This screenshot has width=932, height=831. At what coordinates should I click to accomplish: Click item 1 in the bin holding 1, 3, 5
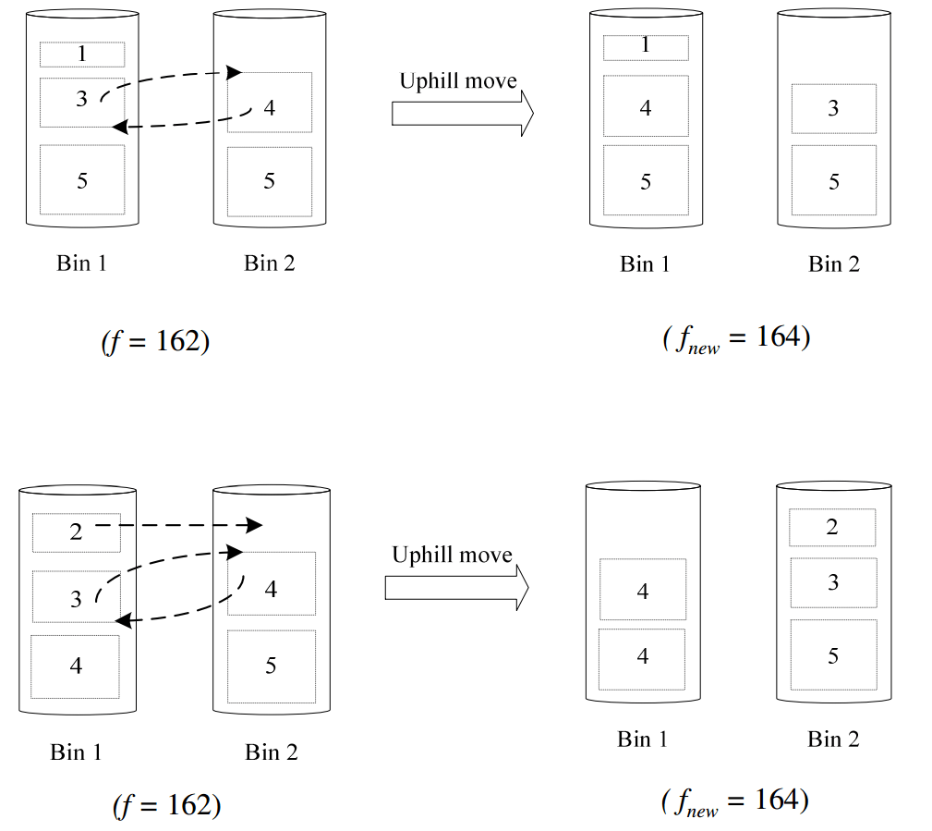click(81, 54)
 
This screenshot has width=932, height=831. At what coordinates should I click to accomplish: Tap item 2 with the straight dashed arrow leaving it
click(76, 532)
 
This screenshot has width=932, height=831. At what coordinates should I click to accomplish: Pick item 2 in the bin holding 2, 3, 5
click(832, 527)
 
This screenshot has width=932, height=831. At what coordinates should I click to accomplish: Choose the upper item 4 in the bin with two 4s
click(643, 590)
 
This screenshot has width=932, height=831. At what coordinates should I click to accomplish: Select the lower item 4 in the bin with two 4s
click(643, 657)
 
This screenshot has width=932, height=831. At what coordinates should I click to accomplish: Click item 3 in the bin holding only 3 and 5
click(833, 108)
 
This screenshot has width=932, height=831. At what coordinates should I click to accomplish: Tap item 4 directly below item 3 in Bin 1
click(76, 666)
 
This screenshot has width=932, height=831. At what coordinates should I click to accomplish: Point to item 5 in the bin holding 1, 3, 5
click(81, 180)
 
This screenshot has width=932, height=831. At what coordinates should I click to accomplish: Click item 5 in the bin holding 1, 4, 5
click(646, 181)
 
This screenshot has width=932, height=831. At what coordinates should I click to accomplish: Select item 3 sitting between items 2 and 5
click(833, 582)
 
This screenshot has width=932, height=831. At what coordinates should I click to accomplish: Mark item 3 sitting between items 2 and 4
click(76, 598)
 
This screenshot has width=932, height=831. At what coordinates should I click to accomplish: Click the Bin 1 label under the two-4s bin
click(643, 739)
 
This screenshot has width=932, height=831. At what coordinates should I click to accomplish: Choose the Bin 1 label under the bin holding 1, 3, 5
click(81, 263)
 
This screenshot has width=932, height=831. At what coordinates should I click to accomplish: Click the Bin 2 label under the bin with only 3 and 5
click(834, 264)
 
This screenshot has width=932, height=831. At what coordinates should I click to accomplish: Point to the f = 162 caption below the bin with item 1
click(155, 341)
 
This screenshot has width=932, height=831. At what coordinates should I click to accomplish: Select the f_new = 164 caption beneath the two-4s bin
click(735, 801)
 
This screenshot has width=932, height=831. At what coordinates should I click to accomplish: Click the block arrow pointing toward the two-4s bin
click(456, 587)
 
